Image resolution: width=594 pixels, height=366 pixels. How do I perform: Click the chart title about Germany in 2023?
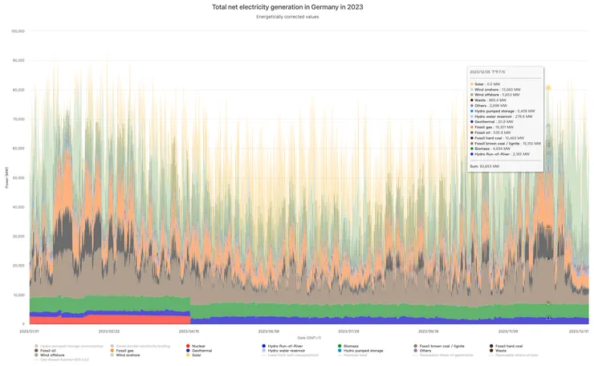tap(296, 6)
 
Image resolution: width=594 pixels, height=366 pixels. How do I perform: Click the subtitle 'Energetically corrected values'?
tap(296, 17)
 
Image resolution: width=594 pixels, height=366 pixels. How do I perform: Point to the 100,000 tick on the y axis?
tap(18, 31)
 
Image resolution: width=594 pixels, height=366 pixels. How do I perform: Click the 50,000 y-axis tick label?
tap(18, 177)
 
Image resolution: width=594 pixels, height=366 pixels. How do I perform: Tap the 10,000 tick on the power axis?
tap(18, 295)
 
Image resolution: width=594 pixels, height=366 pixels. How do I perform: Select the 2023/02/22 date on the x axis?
tap(109, 330)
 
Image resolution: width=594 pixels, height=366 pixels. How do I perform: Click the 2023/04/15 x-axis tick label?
tap(189, 330)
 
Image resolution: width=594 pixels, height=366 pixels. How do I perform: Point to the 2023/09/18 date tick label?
tap(428, 330)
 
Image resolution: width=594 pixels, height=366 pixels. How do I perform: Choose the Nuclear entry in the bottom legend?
tap(196, 346)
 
